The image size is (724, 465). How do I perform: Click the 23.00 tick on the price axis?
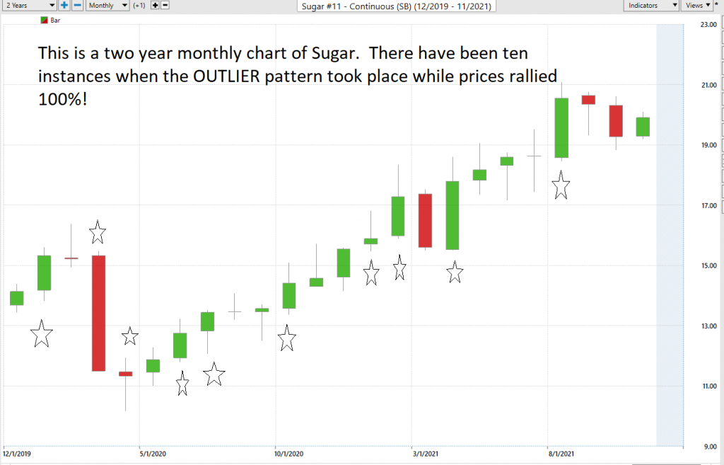pyautogui.click(x=708, y=25)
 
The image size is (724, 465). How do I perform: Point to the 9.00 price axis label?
pyautogui.click(x=708, y=447)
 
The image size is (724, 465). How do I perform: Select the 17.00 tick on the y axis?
pyautogui.click(x=708, y=206)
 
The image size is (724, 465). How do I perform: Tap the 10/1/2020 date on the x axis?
pyautogui.click(x=289, y=454)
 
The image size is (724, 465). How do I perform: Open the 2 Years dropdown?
pyautogui.click(x=28, y=5)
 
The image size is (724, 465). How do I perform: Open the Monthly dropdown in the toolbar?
pyautogui.click(x=107, y=5)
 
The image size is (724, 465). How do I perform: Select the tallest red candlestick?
pyautogui.click(x=98, y=313)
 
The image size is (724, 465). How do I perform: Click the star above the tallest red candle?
pyautogui.click(x=98, y=231)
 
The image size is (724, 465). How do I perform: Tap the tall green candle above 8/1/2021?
pyautogui.click(x=562, y=127)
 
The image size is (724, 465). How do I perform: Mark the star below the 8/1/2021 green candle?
pyautogui.click(x=561, y=187)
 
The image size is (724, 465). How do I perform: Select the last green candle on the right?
pyautogui.click(x=643, y=127)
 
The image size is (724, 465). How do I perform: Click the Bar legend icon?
pyautogui.click(x=45, y=20)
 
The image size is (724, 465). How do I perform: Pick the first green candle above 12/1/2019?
pyautogui.click(x=16, y=298)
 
